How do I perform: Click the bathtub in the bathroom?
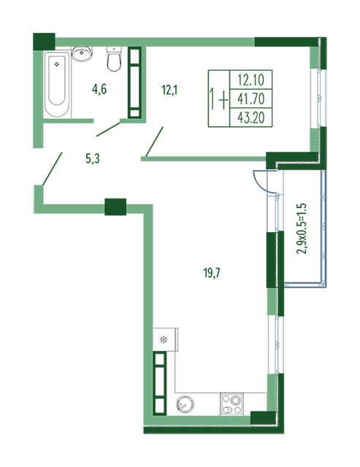pos(58,85)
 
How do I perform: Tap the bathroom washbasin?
pos(82,53)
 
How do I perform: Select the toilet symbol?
pos(114,59)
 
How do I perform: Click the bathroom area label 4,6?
pos(99,89)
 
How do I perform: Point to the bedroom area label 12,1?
pos(169,89)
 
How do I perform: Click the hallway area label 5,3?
pos(93,159)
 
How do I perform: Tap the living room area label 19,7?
pos(212,272)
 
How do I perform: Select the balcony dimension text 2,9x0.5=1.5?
pos(302,228)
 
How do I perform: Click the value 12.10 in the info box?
pos(251,80)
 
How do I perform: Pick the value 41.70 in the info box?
pos(251,99)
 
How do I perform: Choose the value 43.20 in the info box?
pos(251,117)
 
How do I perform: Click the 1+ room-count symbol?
pos(219,99)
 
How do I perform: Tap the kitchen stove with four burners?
pos(231,404)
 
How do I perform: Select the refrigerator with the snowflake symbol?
pos(166,339)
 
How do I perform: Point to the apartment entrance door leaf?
pos(52,169)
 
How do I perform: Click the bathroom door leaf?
pos(108,129)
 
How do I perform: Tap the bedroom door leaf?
pos(154,142)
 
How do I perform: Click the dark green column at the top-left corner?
pos(44,42)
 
